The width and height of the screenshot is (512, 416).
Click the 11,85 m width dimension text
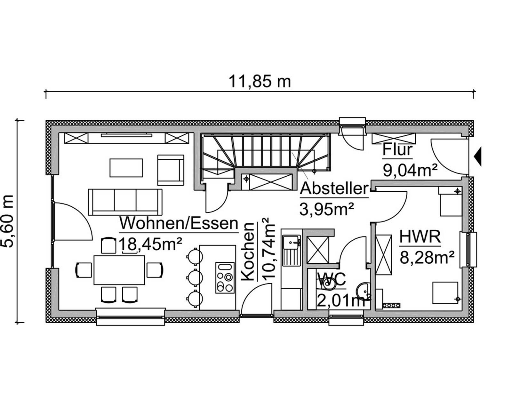click(259, 82)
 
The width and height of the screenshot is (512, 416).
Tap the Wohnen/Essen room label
click(179, 223)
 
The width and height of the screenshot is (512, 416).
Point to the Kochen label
click(248, 252)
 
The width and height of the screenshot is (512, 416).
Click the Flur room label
click(397, 150)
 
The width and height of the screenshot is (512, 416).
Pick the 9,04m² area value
click(410, 170)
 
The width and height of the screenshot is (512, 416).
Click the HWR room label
click(420, 237)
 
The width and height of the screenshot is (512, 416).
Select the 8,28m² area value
click(427, 257)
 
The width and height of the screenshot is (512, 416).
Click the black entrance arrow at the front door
click(478, 156)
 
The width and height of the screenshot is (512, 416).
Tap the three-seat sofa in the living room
click(125, 202)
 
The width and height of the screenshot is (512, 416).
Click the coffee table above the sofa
click(126, 168)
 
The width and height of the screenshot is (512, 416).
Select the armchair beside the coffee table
click(171, 170)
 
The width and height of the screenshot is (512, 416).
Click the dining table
click(119, 270)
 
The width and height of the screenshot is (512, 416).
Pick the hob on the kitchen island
click(225, 277)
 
